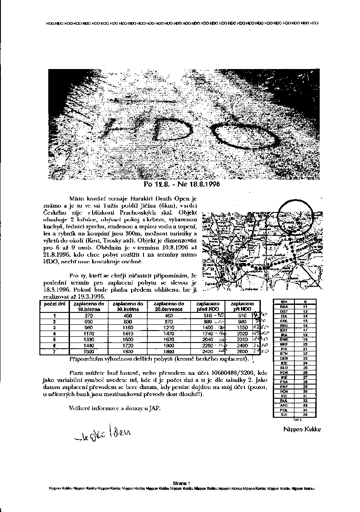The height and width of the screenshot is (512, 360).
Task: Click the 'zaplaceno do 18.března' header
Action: [89, 306]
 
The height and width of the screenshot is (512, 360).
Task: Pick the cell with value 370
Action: [89, 316]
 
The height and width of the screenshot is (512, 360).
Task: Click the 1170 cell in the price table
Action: [89, 333]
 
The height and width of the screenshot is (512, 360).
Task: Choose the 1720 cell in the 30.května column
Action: [128, 344]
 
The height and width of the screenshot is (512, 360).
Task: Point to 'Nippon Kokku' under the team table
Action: [302, 429]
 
